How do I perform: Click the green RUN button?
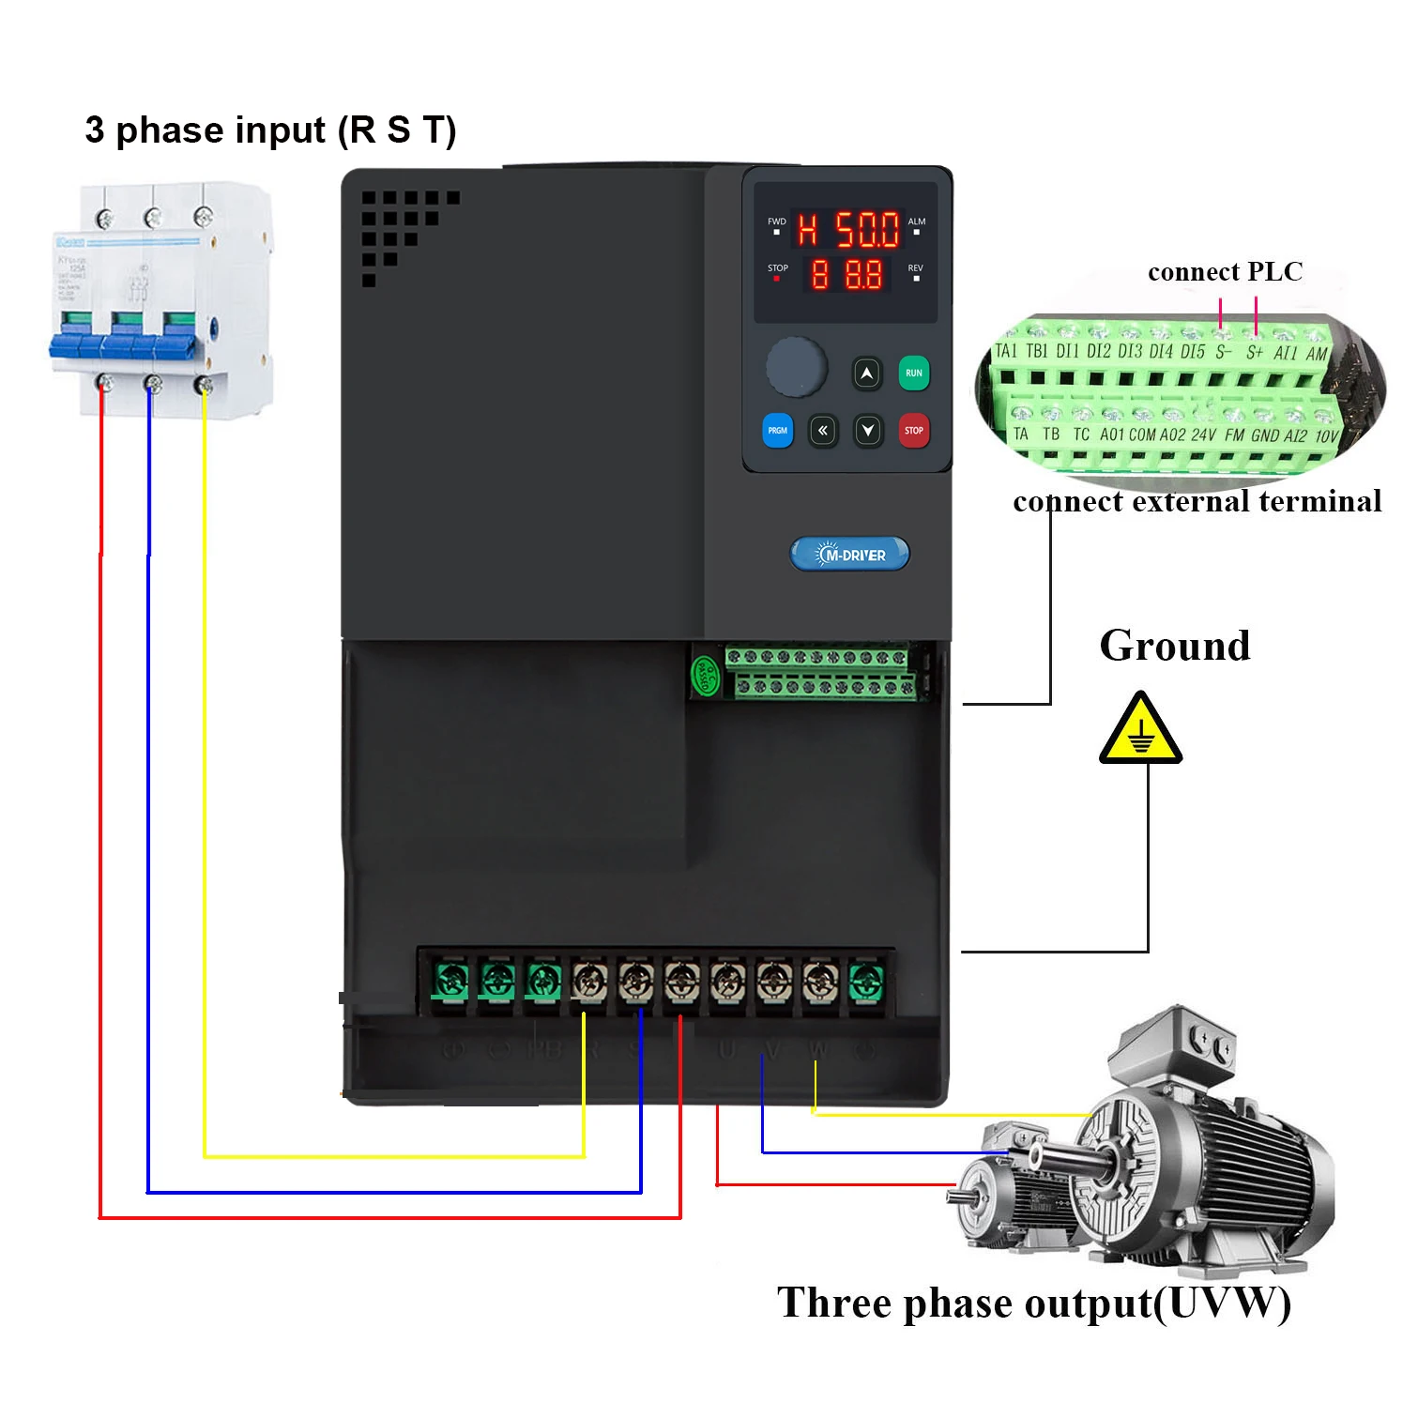(913, 374)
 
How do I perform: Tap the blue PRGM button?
(777, 431)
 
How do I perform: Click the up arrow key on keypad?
(867, 374)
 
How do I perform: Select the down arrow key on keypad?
(867, 431)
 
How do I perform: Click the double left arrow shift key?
(822, 431)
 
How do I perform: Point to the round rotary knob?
(796, 367)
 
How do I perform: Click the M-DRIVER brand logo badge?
(849, 555)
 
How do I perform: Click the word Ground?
(1174, 646)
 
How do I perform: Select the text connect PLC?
(1225, 272)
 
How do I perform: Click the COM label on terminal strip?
(1141, 435)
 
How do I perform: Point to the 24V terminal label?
(1202, 435)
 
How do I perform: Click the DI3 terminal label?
(1130, 352)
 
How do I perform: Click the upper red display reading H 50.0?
(848, 229)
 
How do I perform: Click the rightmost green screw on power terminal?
(864, 983)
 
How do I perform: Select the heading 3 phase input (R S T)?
(270, 130)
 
